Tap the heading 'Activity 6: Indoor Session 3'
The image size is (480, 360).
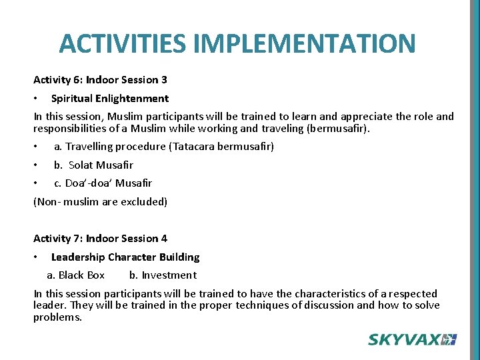pyautogui.click(x=101, y=80)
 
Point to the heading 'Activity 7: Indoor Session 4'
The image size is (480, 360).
pyautogui.click(x=101, y=239)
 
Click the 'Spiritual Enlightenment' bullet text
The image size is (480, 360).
pyautogui.click(x=110, y=99)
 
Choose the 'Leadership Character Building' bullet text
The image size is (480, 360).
pyautogui.click(x=125, y=257)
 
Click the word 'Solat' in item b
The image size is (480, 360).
pyautogui.click(x=81, y=165)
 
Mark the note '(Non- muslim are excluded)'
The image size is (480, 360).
pyautogui.click(x=101, y=202)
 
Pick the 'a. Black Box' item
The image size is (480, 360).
pyautogui.click(x=76, y=275)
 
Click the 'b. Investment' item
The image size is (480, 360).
pyautogui.click(x=163, y=275)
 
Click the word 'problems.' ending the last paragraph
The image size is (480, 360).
pyautogui.click(x=58, y=317)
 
